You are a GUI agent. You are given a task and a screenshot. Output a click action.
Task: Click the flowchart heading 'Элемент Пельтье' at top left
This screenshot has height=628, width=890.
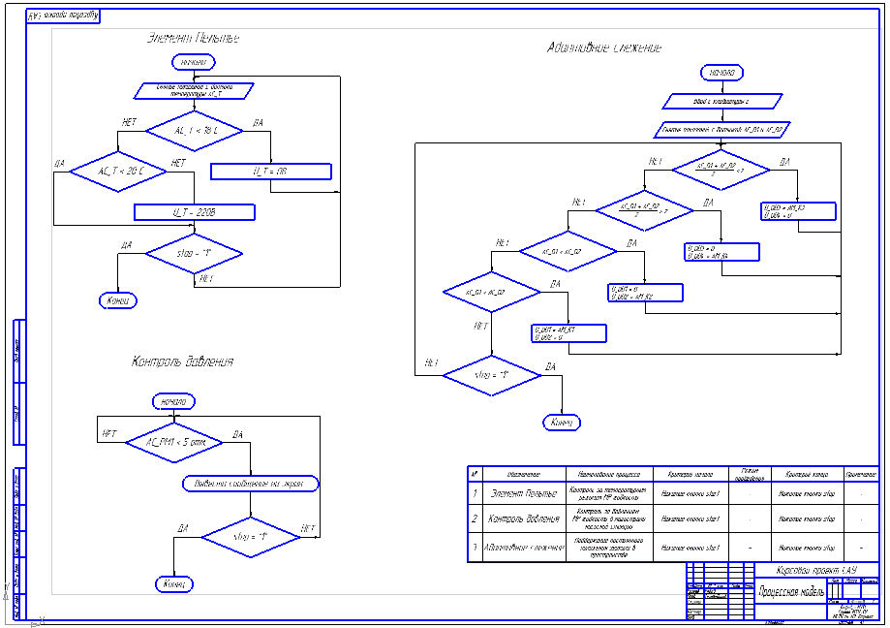tap(194, 39)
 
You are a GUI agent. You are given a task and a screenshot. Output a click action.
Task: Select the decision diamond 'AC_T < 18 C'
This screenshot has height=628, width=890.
tap(195, 130)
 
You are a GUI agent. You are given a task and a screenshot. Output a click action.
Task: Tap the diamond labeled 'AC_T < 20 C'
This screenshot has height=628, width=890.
tap(120, 172)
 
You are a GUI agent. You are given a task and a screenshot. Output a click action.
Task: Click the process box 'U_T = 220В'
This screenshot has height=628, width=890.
tap(194, 212)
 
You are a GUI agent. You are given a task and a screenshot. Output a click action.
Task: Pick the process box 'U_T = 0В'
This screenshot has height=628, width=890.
tap(270, 172)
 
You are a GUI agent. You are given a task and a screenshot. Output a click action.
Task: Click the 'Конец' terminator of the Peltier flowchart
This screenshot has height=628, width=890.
tap(117, 300)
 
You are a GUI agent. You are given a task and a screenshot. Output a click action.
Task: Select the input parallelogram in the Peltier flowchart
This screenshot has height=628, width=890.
tap(194, 90)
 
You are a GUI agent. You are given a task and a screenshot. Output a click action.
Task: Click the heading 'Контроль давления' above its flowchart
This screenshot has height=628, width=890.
tap(182, 361)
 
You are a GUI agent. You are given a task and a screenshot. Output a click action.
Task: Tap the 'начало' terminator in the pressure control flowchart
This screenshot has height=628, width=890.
tap(174, 401)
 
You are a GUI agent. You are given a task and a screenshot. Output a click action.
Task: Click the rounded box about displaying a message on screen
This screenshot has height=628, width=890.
tap(250, 483)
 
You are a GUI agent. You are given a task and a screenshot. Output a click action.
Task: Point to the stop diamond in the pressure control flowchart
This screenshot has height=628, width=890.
tap(250, 536)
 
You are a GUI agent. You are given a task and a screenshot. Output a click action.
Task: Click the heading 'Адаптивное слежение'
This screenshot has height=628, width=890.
tap(604, 47)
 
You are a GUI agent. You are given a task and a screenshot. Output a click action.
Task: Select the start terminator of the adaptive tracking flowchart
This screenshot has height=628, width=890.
tap(721, 73)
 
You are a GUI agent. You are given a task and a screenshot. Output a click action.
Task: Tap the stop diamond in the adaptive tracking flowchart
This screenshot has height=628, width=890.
tap(491, 374)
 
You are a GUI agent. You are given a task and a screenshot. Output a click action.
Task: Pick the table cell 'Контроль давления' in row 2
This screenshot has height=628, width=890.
tap(524, 518)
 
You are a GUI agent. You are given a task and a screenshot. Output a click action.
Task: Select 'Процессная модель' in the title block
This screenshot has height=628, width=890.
tap(791, 588)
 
